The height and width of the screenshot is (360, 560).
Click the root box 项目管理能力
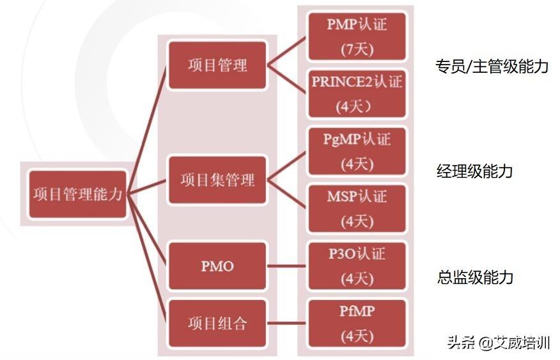77,194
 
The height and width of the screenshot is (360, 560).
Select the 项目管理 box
217,65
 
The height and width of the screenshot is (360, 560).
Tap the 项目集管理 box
217,180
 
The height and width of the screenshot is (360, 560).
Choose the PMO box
217,266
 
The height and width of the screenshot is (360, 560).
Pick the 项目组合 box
217,324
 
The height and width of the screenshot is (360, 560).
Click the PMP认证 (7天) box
357,36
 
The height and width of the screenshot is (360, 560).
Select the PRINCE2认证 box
357,94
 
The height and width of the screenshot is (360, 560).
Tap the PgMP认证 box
357,151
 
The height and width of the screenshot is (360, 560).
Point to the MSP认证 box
357,208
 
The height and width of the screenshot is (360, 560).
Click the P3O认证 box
357,266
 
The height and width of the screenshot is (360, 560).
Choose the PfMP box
357,324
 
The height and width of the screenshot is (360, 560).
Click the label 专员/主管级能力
492,67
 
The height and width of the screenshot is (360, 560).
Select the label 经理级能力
474,171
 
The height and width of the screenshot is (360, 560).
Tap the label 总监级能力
475,277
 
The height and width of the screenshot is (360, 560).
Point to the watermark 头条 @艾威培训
499,343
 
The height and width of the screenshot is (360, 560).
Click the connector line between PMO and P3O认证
287,266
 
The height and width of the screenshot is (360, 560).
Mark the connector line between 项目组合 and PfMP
287,324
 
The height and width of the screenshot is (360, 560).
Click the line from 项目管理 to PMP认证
287,51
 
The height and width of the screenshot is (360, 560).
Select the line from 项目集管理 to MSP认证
287,194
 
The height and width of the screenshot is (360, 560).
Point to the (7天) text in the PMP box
357,49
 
